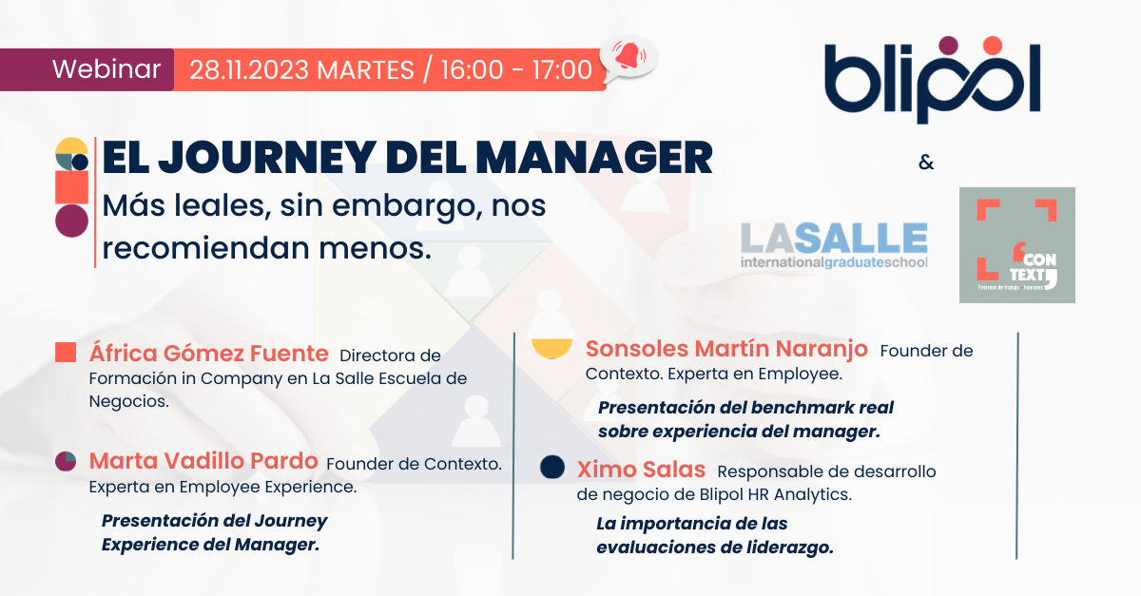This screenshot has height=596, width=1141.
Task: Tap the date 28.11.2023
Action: click(x=250, y=70)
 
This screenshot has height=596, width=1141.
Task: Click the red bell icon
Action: click(x=627, y=57)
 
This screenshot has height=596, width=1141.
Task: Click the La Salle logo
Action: click(x=834, y=245)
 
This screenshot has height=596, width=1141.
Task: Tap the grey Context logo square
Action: click(x=1016, y=245)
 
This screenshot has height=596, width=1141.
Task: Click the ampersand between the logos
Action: click(x=926, y=163)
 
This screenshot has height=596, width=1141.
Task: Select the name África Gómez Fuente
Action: click(x=208, y=355)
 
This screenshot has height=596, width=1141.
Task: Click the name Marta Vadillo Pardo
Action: click(x=203, y=462)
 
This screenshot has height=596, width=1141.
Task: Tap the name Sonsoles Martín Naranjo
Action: click(x=726, y=350)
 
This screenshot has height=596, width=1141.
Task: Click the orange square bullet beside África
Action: click(x=66, y=353)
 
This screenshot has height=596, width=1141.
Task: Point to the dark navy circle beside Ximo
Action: click(x=551, y=467)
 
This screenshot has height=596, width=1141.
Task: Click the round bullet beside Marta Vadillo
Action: click(x=66, y=462)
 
